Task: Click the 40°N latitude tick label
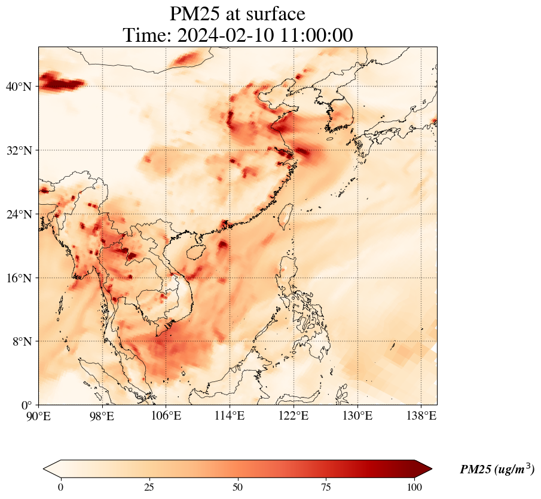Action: click(19, 87)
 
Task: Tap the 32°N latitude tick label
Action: click(19, 150)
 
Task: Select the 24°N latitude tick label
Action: click(19, 214)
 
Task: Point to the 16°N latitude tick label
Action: click(19, 278)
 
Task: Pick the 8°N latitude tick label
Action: click(22, 341)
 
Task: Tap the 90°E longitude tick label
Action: click(39, 415)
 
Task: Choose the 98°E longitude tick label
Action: click(102, 415)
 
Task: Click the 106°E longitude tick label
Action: click(166, 415)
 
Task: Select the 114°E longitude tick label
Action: click(230, 415)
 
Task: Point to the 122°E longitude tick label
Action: click(294, 415)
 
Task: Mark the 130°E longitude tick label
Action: click(357, 415)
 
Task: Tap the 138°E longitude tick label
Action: click(421, 415)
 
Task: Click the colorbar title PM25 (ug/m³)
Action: click(497, 470)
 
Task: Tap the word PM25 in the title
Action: click(195, 14)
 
